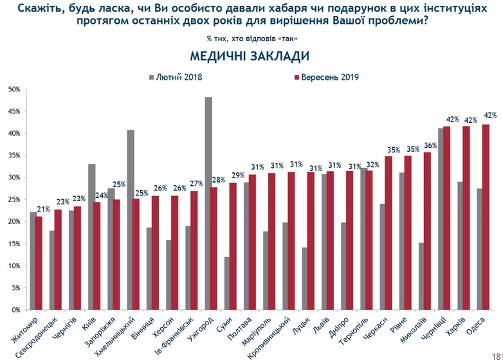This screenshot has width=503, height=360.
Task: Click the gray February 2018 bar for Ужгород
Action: coord(208,203)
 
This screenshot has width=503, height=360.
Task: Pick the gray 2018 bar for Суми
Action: coord(228,283)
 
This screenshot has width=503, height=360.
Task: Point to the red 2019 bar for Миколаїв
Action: coord(427,231)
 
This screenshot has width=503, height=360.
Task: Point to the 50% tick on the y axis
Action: coord(14,89)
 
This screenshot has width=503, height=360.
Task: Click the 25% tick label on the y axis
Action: coord(14,199)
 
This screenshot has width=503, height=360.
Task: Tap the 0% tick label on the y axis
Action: coord(15,310)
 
